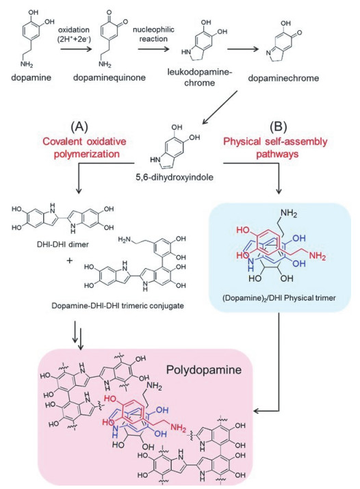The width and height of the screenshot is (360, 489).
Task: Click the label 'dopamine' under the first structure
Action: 31,77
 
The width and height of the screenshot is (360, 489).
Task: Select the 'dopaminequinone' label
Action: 110,77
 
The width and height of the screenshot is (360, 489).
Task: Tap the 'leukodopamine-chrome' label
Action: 200,78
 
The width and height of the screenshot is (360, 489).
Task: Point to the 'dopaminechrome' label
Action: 283,78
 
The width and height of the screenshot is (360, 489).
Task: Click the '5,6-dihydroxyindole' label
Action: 175,177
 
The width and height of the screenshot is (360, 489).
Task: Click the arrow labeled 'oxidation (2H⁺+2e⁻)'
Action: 77,49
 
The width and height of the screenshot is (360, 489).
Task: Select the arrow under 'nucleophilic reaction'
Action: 153,49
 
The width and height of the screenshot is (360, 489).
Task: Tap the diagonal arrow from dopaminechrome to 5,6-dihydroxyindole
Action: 220,107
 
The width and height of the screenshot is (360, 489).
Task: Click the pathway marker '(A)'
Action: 79,127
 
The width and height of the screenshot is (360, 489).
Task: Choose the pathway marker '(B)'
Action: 278,127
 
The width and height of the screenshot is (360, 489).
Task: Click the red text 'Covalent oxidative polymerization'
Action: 85,148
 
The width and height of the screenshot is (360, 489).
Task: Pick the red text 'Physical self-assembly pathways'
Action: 275,148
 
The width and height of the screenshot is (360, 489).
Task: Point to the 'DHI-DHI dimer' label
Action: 63,244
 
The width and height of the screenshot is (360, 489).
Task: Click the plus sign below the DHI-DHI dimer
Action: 69,261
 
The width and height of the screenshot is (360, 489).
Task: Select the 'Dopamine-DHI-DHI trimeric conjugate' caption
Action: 118,305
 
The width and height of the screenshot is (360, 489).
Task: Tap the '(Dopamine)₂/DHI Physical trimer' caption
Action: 279,298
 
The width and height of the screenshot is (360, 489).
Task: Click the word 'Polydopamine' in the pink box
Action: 204,370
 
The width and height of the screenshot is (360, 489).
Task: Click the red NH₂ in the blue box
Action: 318,256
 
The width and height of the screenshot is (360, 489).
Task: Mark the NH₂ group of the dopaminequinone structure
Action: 105,64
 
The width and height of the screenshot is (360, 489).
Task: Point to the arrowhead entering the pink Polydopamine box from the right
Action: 256,411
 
